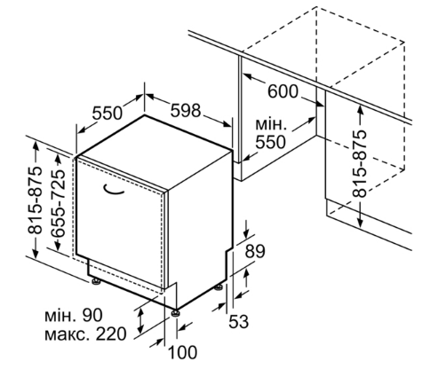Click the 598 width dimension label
tap(186, 111)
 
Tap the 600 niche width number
tap(283, 91)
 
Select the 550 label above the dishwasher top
tap(107, 113)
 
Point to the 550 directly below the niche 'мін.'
tap(271, 142)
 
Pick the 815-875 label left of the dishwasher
tap(35, 200)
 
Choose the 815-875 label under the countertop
tap(360, 164)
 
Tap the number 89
tap(255, 251)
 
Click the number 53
tap(239, 321)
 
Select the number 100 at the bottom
tap(182, 352)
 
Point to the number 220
tap(111, 334)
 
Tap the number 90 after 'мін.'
tap(92, 315)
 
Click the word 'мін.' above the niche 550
tap(271, 124)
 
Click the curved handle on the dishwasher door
tap(114, 191)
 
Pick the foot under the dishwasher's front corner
tap(175, 313)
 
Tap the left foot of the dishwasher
tap(97, 281)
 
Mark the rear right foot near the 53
tap(219, 287)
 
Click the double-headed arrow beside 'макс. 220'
tap(141, 320)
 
